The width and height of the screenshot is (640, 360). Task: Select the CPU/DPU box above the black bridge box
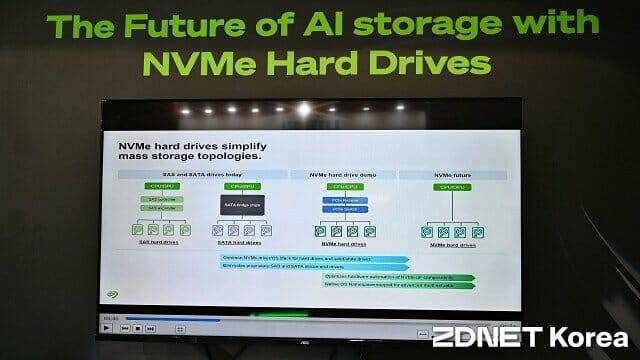pos(243,187)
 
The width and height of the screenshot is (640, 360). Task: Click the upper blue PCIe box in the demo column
pos(343,199)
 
